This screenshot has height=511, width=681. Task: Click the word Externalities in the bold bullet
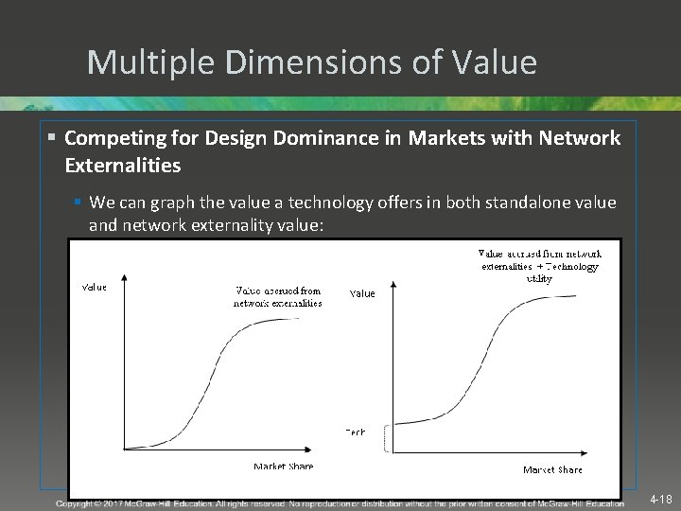123,166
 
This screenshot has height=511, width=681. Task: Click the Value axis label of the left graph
95,287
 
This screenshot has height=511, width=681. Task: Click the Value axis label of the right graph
362,293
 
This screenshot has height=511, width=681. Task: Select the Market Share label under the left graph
283,467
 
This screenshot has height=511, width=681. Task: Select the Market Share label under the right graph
552,470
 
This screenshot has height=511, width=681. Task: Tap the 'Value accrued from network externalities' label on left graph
278,297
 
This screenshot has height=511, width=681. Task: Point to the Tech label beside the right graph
355,432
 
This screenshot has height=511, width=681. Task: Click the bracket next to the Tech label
386,437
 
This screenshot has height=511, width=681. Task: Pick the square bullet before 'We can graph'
79,203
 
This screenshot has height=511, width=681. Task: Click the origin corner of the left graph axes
125,448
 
